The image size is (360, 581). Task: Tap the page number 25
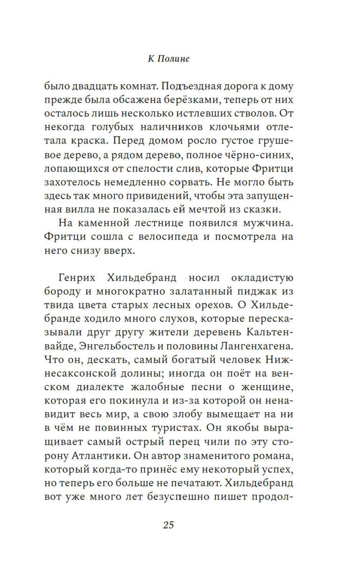(x=168, y=525)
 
